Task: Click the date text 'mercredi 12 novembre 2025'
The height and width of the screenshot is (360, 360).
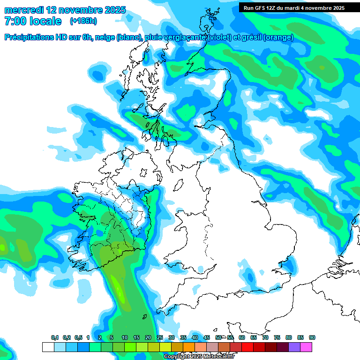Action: click(65, 9)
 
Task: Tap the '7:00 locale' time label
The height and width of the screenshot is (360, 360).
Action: click(33, 21)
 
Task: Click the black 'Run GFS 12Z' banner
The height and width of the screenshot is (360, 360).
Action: click(294, 7)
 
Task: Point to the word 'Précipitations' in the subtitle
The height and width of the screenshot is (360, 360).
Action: click(30, 37)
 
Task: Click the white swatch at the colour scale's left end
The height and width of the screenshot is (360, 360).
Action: click(48, 347)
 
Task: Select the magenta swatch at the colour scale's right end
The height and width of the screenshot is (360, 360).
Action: click(306, 347)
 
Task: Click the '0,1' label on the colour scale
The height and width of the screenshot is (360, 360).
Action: click(55, 338)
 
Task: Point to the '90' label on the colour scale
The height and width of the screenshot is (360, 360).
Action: click(312, 338)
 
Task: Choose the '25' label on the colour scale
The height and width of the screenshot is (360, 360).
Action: click(160, 338)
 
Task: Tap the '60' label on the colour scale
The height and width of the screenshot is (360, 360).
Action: click(242, 338)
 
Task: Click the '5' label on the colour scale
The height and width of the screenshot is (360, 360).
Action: click(112, 338)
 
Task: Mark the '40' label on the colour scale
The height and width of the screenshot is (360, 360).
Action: click(195, 338)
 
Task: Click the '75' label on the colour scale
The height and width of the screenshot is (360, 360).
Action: click(277, 338)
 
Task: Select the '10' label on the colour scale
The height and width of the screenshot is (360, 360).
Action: click(125, 338)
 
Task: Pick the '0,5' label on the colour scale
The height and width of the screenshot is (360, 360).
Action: click(78, 338)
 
